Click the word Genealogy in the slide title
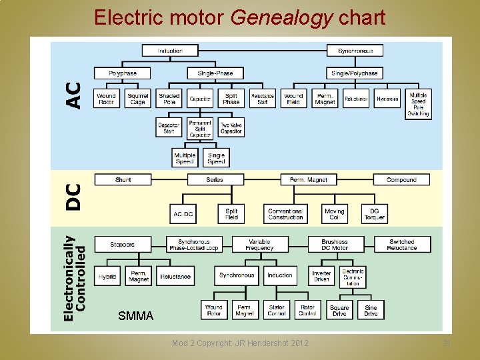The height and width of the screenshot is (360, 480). pos(281,17)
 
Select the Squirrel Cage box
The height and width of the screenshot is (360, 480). pos(138,99)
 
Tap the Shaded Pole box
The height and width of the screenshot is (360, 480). pos(169,99)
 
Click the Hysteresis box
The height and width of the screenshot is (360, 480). pos(387,99)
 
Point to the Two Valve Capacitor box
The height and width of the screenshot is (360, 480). pos(231,128)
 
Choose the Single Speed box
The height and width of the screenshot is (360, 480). pos(216,157)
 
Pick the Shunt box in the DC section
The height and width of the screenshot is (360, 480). pos(123,179)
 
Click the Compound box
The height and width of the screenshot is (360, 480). pos(401,179)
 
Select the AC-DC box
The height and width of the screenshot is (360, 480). pos(183,214)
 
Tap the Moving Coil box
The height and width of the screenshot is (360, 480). pos(334,214)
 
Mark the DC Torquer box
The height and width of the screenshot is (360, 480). pos(374,214)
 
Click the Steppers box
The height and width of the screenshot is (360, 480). pos(123,245)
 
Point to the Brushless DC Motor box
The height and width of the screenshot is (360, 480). pos(335,245)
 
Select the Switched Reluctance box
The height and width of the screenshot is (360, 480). pos(401,245)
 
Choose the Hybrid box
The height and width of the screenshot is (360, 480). pos(107,276)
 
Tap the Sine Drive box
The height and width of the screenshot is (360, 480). pos(371,310)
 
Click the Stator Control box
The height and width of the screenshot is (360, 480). pos(277,310)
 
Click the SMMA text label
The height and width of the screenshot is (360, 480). pos(135,315)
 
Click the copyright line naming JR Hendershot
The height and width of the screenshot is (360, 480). pos(240,343)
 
